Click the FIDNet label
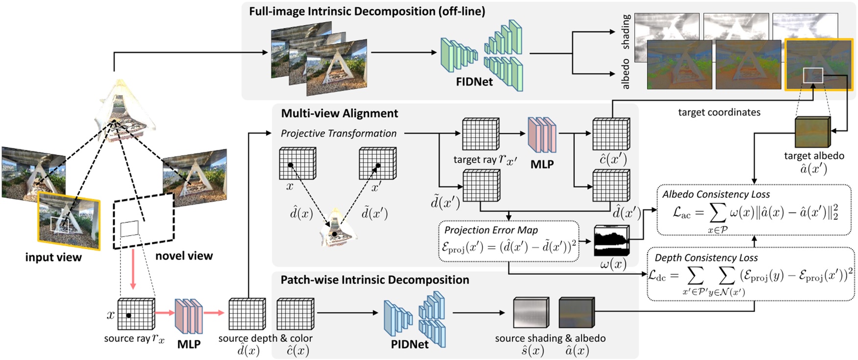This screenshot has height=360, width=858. pyautogui.click(x=474, y=82)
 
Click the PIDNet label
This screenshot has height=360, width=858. pyautogui.click(x=409, y=344)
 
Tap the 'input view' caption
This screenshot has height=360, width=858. pyautogui.click(x=53, y=257)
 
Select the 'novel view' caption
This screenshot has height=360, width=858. pyautogui.click(x=184, y=256)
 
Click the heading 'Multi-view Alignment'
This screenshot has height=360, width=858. pyautogui.click(x=339, y=113)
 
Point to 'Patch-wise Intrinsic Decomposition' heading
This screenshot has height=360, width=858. pyautogui.click(x=375, y=280)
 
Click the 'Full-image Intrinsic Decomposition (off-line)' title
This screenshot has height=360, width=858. pyautogui.click(x=367, y=11)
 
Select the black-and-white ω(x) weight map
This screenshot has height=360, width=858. pyautogui.click(x=611, y=240)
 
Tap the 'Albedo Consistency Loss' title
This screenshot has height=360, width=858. pyautogui.click(x=715, y=194)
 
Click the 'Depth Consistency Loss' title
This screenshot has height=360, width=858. pyautogui.click(x=706, y=258)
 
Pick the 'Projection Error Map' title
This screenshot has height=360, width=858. pyautogui.click(x=491, y=230)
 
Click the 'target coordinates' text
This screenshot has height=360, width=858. pyautogui.click(x=719, y=112)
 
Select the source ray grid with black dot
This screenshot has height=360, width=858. pyautogui.click(x=136, y=314)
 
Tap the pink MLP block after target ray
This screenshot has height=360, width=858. pyautogui.click(x=542, y=135)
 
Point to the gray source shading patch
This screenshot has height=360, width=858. pyautogui.click(x=530, y=312)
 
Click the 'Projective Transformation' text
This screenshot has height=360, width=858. pyautogui.click(x=338, y=133)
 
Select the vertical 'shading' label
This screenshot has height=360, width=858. pyautogui.click(x=625, y=31)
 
